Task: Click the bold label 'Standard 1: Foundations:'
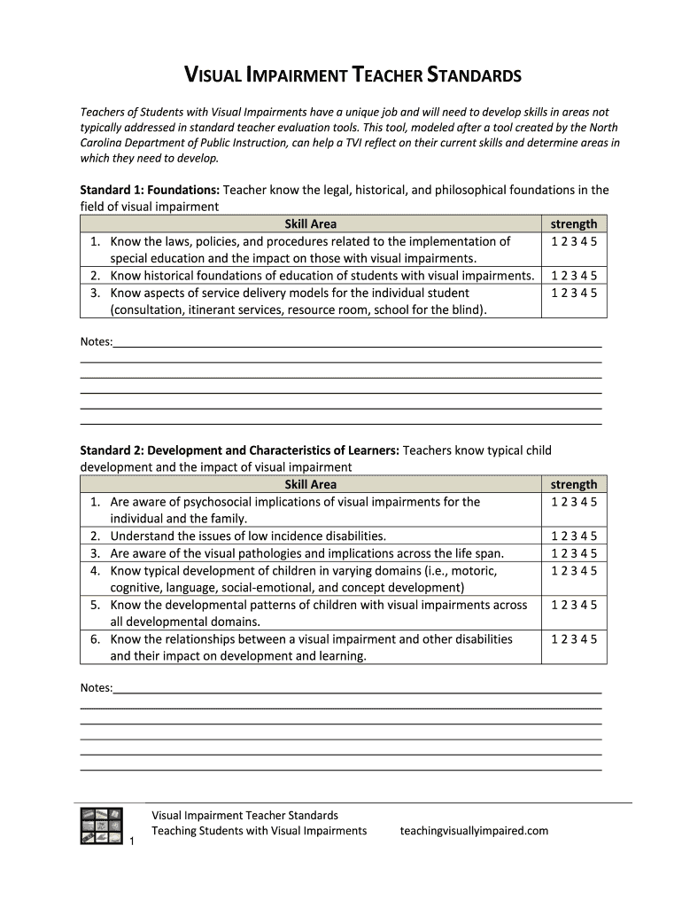pos(150,190)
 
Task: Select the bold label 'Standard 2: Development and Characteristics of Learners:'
pos(240,450)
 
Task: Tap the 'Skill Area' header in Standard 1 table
pos(310,224)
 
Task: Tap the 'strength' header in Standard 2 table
pos(573,484)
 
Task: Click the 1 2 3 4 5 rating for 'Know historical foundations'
pos(573,276)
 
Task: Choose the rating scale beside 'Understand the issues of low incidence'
pos(573,536)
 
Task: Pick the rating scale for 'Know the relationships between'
pos(573,639)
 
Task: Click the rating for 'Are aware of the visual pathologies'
pos(573,552)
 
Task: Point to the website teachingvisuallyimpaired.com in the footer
pos(474,831)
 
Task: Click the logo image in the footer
pos(100,826)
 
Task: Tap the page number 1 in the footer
pos(131,841)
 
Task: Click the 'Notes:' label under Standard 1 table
pos(97,342)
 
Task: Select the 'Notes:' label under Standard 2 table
pos(97,688)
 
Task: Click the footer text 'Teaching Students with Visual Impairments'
pos(259,831)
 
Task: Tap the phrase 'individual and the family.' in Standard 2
pos(178,519)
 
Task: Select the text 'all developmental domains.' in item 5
pos(184,622)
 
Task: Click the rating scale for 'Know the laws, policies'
pos(573,241)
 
